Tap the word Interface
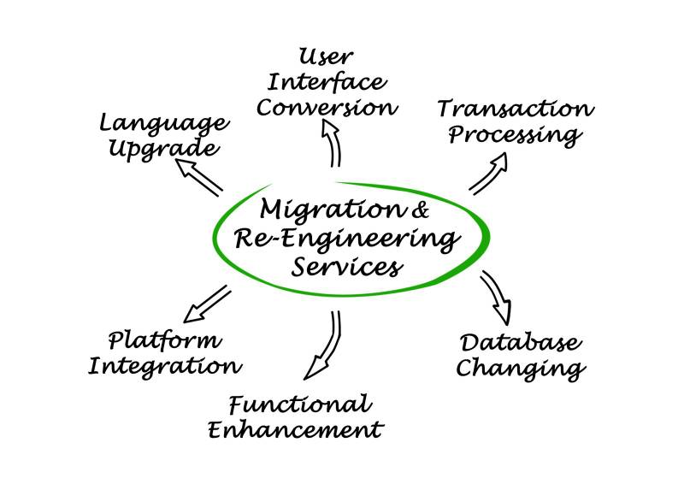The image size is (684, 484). [326, 84]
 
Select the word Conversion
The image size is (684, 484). [328, 109]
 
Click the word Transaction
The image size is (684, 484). [515, 109]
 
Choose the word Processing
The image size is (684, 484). [516, 136]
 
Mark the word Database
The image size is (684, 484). [521, 344]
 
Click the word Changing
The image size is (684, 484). [521, 369]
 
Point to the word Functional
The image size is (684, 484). [300, 404]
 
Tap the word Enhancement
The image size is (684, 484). [295, 428]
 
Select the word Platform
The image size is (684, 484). [165, 341]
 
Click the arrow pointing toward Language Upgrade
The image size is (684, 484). [199, 176]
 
